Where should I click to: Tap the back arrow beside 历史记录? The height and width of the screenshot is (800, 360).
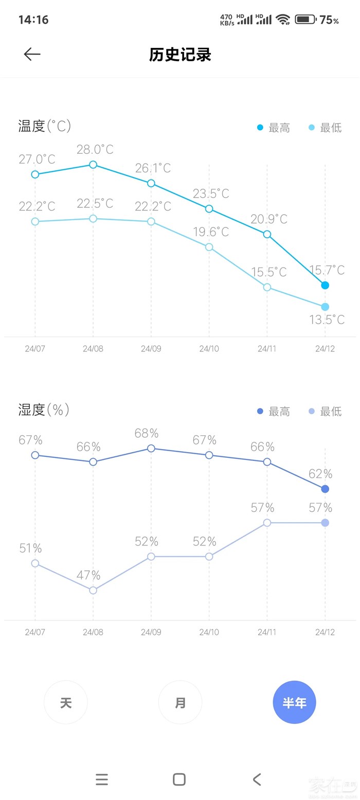point(32,55)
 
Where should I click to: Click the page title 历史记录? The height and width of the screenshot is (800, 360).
point(180,55)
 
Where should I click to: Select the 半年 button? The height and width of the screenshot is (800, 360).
point(294,702)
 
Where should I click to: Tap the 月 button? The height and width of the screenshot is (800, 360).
point(180,702)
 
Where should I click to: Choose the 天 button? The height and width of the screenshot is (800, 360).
point(66,702)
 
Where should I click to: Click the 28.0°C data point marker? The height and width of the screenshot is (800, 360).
point(93,165)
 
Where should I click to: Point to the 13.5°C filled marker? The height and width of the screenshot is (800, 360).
point(325,307)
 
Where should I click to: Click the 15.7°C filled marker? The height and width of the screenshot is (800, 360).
point(325,285)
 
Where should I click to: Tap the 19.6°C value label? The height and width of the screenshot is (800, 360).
point(211,232)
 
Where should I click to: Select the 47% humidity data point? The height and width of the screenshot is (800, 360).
point(93,590)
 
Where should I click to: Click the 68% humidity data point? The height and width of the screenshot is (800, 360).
point(151,448)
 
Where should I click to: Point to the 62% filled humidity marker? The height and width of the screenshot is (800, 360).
point(325,489)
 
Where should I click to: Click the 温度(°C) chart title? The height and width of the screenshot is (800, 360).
point(45,126)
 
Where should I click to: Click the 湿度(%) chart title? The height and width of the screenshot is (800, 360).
point(44,410)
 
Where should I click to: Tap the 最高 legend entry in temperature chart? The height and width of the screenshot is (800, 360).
point(274,128)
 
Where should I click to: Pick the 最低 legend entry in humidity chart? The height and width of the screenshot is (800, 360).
point(325,412)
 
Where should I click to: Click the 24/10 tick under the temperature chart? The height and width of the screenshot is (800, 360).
point(209,348)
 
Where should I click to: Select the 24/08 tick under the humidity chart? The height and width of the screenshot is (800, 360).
point(93,632)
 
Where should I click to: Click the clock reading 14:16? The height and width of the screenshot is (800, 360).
point(33,20)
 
